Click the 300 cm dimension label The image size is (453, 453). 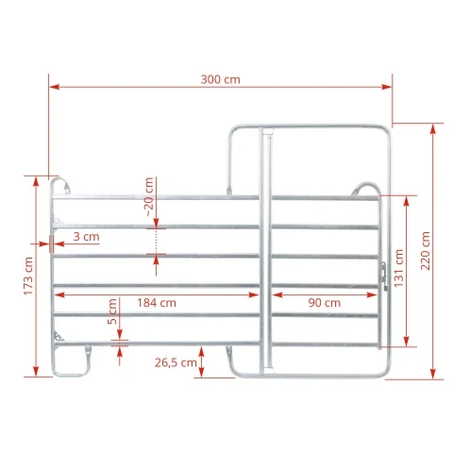[220, 79]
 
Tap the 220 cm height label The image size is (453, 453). [426, 251]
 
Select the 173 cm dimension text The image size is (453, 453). [28, 276]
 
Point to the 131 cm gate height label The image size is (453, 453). [398, 268]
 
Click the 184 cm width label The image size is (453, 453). [157, 303]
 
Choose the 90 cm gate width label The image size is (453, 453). [325, 303]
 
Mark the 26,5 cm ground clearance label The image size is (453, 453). [176, 362]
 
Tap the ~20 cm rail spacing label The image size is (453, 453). [149, 196]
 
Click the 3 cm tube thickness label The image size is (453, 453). [86, 237]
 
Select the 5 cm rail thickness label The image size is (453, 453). [112, 311]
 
